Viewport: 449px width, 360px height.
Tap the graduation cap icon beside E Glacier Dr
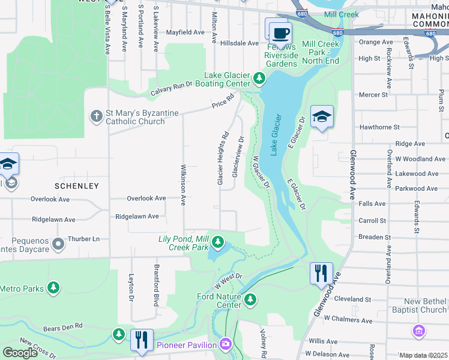pos(322,116)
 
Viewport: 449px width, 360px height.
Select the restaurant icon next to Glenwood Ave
pos(321,273)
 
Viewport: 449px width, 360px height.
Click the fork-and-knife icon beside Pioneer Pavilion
pos(142,340)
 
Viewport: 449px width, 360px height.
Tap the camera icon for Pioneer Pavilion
pos(225,344)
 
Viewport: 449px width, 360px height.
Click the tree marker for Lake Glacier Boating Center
pos(259,77)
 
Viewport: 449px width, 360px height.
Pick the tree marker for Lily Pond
pos(218,242)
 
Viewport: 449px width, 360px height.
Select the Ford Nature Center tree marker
pos(250,298)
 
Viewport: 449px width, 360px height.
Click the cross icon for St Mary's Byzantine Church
pos(96,116)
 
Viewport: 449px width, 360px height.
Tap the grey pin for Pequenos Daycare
pos(58,244)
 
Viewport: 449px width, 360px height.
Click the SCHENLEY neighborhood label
pos(76,186)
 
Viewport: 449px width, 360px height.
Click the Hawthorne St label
pos(379,127)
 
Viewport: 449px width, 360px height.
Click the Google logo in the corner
pos(20,353)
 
